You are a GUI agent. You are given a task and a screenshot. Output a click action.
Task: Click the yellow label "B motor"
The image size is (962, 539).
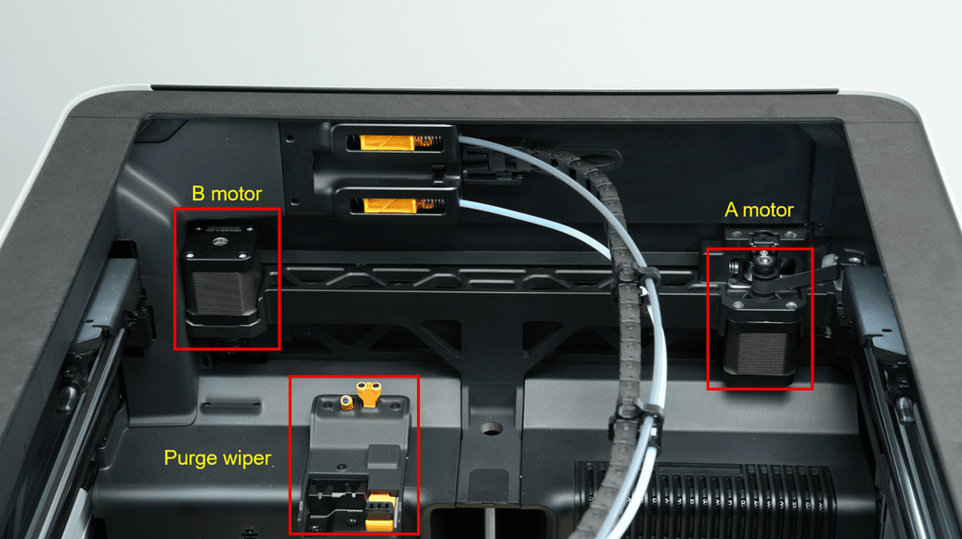[227, 194]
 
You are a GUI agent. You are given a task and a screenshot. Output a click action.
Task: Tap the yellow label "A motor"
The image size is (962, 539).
[759, 211]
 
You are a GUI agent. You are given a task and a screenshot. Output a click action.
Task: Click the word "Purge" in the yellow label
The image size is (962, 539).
[190, 458]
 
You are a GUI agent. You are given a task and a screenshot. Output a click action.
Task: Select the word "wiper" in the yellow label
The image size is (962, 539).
[247, 458]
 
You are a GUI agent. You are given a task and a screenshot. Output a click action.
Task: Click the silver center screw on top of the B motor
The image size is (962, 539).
[220, 241]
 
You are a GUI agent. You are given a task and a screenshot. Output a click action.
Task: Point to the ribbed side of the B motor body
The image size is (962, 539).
[222, 292]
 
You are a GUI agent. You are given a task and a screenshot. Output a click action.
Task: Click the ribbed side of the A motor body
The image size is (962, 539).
[761, 353]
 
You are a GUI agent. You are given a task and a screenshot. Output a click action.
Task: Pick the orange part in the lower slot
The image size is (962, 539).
[390, 205]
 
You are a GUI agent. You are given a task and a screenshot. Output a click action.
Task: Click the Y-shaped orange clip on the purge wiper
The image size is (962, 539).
[369, 392]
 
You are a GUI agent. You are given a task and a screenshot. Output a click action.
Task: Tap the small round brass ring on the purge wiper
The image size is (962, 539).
[346, 403]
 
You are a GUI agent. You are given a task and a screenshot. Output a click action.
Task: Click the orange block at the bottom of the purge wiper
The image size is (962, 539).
[381, 512]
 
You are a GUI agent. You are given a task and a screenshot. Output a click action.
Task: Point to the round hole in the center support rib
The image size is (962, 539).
[491, 429]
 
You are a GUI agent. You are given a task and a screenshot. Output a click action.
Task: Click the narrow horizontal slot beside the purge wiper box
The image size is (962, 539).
[232, 404]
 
